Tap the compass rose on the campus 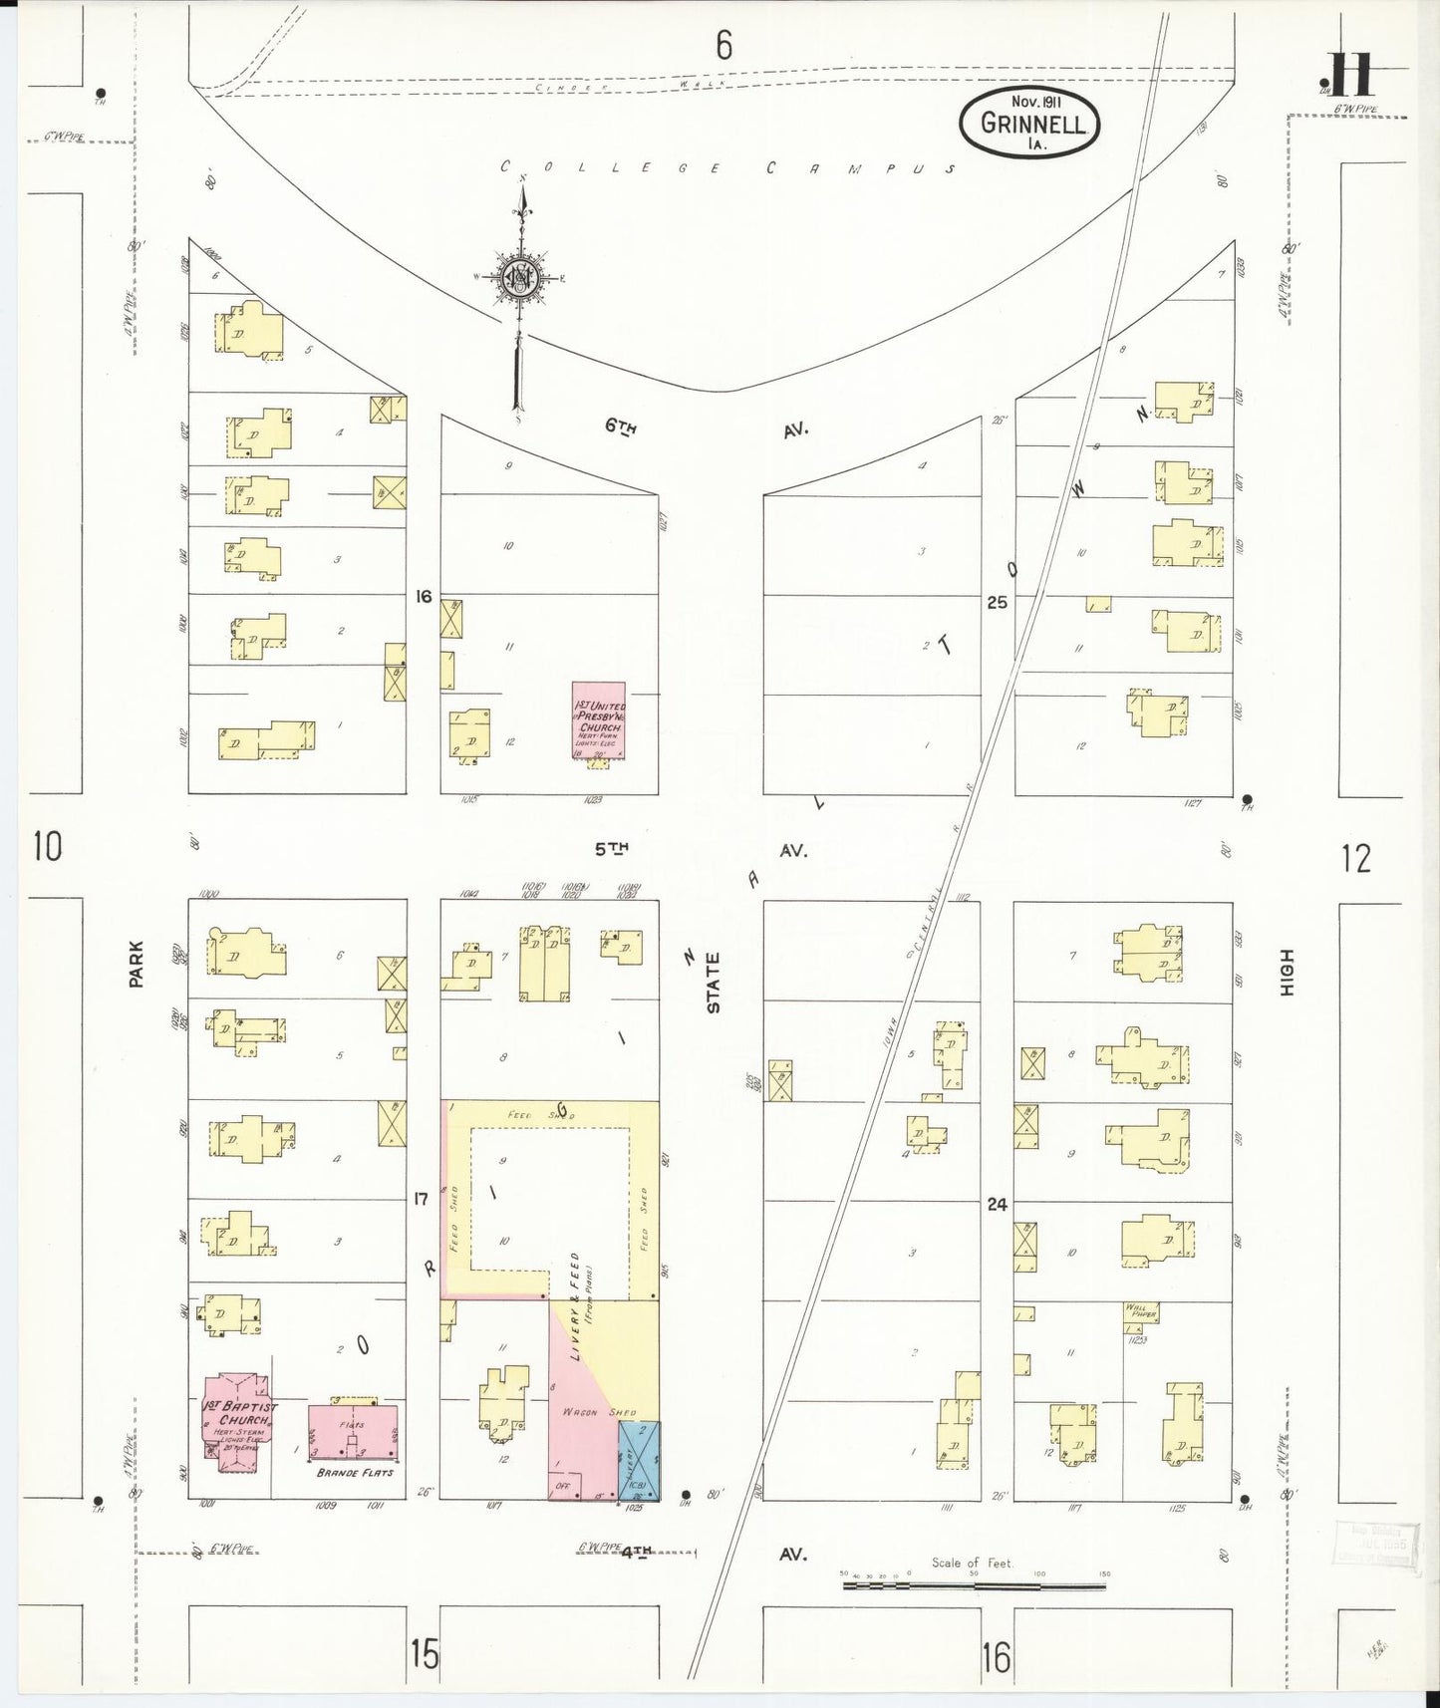click(521, 276)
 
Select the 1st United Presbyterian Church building click(598, 720)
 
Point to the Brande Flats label click(355, 1472)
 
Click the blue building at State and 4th click(639, 1460)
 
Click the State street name click(714, 983)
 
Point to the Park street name click(136, 964)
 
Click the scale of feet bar click(975, 1583)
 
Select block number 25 click(997, 602)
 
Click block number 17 click(420, 1199)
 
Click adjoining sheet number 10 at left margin click(47, 847)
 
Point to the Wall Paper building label click(1141, 1312)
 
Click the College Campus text click(727, 167)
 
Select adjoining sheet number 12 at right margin click(1355, 858)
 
